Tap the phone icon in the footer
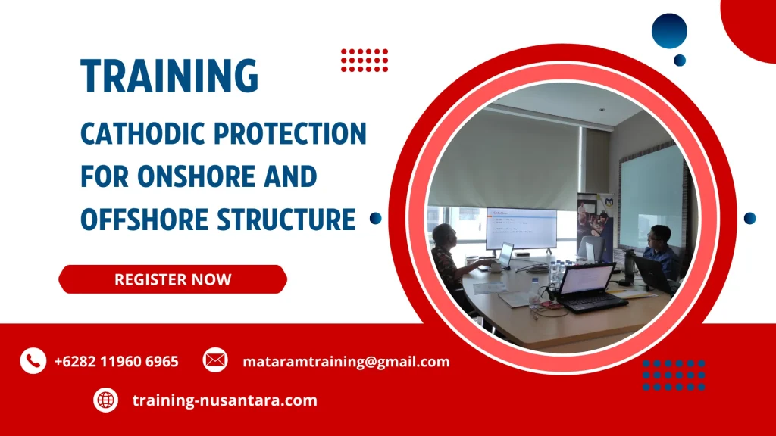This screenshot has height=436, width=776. (33, 361)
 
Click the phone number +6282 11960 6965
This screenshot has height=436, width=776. (117, 362)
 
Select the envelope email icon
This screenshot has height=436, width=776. (215, 360)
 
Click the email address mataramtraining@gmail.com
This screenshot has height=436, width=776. (346, 362)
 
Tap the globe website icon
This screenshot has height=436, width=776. (105, 400)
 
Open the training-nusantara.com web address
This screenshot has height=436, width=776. (224, 400)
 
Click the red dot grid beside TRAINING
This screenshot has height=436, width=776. (364, 60)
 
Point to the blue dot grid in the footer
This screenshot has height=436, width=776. (674, 375)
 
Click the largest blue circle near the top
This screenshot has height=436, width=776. (669, 31)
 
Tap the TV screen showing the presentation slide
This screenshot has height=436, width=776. (521, 227)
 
